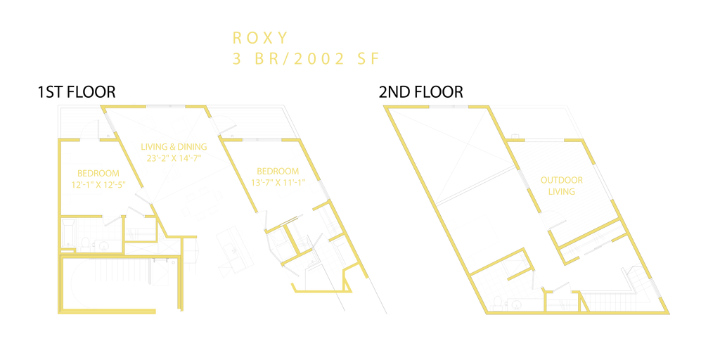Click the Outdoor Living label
(558, 185)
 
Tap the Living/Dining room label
(174, 152)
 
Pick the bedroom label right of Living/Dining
(279, 176)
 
